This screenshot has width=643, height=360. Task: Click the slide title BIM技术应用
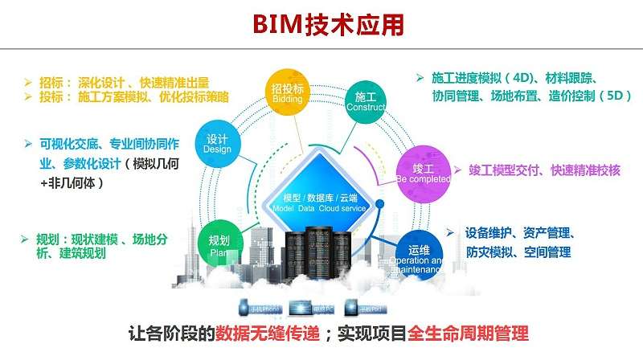pyautogui.click(x=321, y=24)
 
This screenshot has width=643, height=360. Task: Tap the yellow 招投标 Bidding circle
pyautogui.click(x=286, y=93)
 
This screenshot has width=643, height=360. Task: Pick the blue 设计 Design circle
pyautogui.click(x=218, y=143)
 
